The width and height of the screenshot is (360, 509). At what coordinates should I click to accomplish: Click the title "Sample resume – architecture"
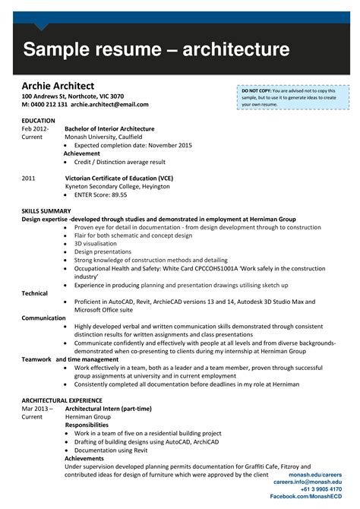156,51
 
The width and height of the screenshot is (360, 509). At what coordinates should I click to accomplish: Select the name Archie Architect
58,85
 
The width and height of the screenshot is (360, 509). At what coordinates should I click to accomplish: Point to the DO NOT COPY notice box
293,97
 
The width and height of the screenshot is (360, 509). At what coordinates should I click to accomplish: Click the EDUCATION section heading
39,121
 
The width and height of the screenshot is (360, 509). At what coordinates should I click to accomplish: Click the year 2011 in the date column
29,178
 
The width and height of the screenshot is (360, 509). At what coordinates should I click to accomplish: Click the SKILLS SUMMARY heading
46,210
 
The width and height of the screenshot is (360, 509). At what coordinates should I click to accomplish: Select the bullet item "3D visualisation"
96,243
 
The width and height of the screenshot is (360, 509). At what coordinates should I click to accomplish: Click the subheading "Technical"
34,292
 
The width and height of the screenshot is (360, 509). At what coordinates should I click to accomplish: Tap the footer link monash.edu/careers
321,474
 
